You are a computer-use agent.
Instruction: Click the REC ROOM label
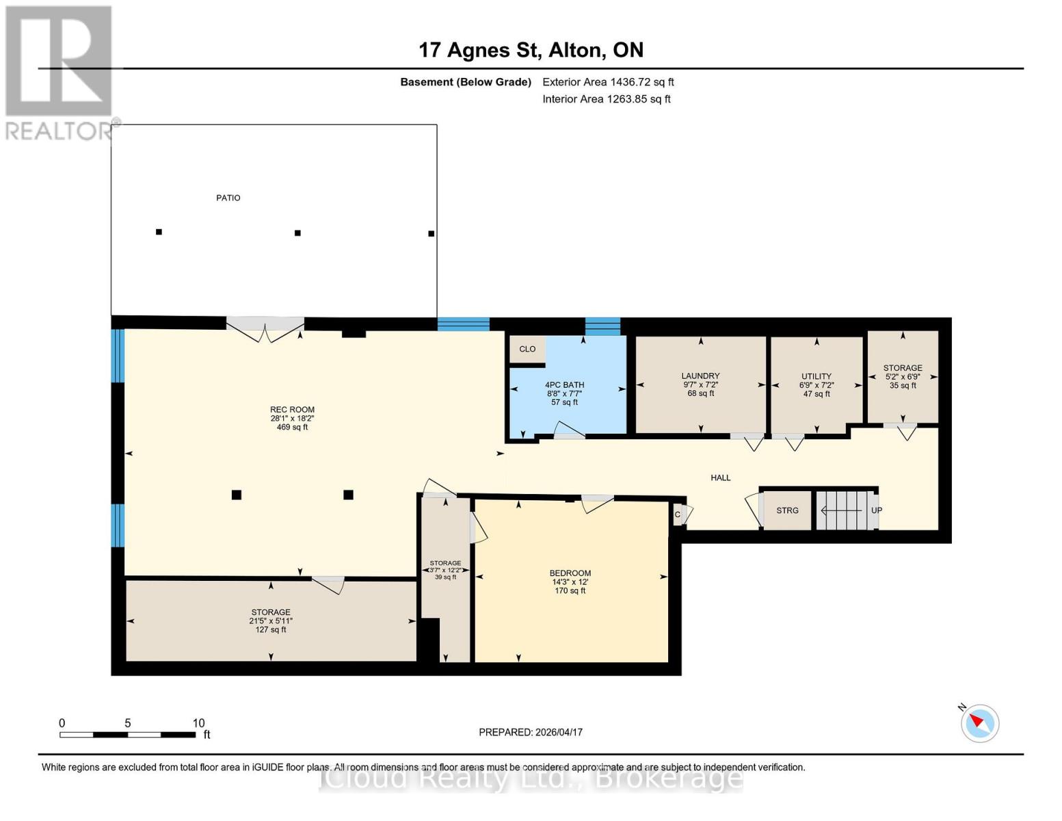(x=292, y=410)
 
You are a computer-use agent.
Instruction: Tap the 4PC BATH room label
(x=564, y=385)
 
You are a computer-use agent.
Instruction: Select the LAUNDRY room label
(x=700, y=376)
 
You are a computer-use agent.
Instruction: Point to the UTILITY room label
(x=817, y=376)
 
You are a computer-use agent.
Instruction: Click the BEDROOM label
(x=570, y=573)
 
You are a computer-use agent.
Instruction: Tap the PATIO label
(x=228, y=198)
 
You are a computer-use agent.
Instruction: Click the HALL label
(x=720, y=478)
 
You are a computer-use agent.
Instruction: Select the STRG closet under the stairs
(x=787, y=510)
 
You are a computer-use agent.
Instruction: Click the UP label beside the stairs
(x=876, y=510)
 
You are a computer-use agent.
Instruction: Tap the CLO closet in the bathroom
(x=527, y=349)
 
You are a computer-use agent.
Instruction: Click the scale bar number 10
(x=198, y=723)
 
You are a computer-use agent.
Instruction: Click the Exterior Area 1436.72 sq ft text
(x=608, y=82)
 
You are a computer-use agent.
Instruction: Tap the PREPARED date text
(x=531, y=732)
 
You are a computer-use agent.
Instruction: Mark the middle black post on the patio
(x=297, y=233)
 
